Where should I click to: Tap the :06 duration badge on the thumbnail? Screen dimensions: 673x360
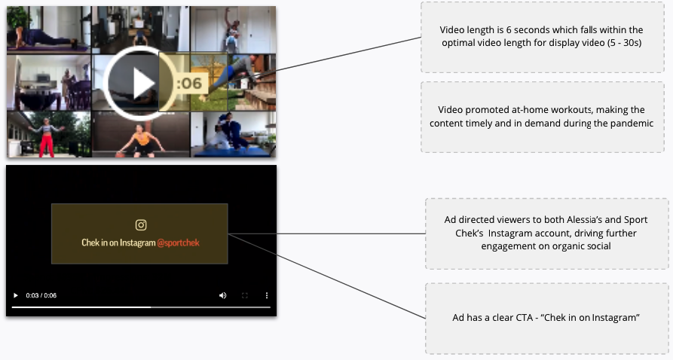coord(190,84)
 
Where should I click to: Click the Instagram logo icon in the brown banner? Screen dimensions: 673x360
coord(141,225)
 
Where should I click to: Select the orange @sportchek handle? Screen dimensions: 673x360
coord(178,243)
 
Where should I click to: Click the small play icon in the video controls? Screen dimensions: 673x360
coord(16,295)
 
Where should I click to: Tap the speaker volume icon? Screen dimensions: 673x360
coord(222,295)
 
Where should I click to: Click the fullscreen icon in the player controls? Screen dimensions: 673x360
coord(245,295)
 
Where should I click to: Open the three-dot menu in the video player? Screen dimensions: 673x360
coord(267,295)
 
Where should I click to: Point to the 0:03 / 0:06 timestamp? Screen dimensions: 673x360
coord(41,295)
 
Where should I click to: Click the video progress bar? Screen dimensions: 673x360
coord(141,307)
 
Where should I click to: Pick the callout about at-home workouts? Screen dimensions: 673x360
coord(543,117)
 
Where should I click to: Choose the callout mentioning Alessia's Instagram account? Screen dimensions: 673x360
coord(547,233)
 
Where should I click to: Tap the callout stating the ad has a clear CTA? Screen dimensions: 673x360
coord(547,318)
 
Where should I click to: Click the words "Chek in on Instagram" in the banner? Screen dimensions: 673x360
coord(118,243)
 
